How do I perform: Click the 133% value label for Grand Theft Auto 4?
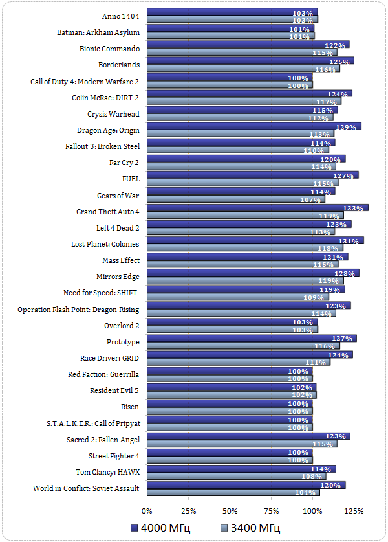coord(353,208)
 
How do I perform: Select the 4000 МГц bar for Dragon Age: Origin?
coord(252,126)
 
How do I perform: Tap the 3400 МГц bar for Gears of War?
coord(235,199)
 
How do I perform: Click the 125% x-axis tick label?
coord(354,510)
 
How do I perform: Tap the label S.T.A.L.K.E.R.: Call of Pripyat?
coord(92,423)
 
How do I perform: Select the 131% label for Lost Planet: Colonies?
coord(349,240)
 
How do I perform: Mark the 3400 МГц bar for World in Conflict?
coord(233,493)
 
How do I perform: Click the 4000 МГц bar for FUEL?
coord(252,175)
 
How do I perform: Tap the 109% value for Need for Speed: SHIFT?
coord(314,297)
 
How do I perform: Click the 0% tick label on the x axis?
coord(147,510)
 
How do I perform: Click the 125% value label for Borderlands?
coord(339,62)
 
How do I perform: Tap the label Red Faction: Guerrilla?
coord(103,375)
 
